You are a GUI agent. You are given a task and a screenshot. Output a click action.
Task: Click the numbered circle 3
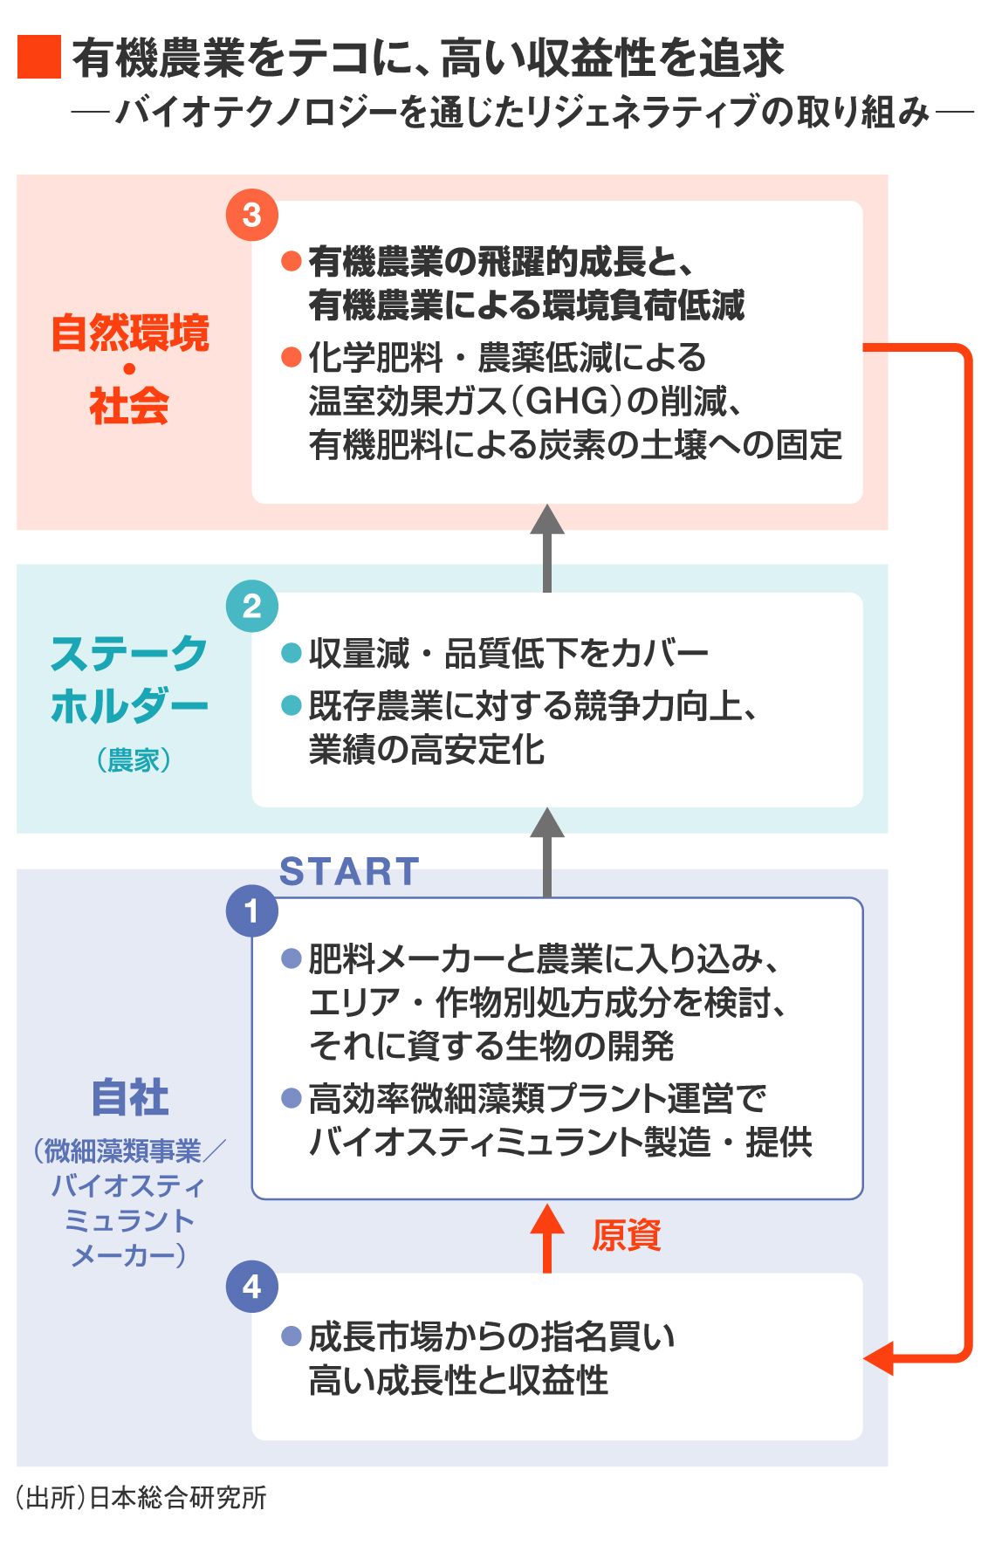coord(251,215)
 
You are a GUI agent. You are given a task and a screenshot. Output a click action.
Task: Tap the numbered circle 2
coord(251,606)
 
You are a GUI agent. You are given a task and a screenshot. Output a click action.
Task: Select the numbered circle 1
coord(251,911)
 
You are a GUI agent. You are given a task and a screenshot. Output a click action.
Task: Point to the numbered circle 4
coord(251,1286)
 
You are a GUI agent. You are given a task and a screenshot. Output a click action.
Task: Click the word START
coord(349,871)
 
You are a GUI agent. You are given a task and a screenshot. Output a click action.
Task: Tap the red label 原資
coord(627,1235)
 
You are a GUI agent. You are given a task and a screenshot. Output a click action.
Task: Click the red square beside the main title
coord(39,58)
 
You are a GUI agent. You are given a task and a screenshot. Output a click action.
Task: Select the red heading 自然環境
coord(130,333)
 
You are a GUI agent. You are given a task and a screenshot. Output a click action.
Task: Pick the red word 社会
coord(129,406)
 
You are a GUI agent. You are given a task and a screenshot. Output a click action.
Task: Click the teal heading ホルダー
coord(129,705)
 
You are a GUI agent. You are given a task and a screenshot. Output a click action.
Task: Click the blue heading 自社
coord(130,1097)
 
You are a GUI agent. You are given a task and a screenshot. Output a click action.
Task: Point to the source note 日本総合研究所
coord(178,1498)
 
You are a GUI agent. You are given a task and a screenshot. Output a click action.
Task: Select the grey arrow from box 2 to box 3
coord(547,548)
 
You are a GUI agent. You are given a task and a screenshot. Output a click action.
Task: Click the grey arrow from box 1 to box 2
coord(547,852)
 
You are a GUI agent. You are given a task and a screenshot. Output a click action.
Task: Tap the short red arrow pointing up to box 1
coord(547,1236)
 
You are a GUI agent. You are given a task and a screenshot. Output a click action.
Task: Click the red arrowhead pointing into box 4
coord(878,1357)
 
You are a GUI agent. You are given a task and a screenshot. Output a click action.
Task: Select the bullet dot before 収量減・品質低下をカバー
coord(291,653)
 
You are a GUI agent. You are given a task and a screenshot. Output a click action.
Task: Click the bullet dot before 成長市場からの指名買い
coord(291,1336)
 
